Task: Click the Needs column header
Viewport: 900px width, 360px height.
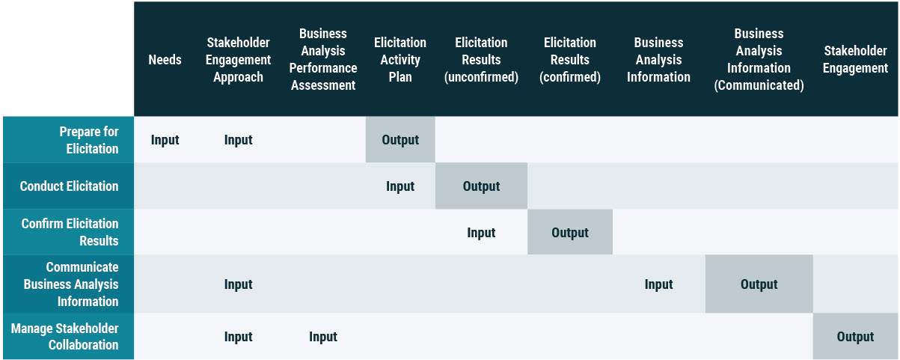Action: coord(165,60)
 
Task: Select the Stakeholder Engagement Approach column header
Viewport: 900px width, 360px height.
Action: coord(238,60)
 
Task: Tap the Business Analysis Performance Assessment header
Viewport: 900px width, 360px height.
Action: coord(323,60)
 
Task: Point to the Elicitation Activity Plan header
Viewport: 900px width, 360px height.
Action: coord(400,60)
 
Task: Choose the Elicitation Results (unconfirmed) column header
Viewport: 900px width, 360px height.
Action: coord(481,60)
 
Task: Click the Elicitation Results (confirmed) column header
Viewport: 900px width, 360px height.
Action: coord(570,60)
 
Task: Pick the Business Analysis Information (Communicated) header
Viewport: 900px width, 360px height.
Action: coord(759,60)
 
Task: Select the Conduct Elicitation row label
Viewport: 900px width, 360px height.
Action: coord(69,186)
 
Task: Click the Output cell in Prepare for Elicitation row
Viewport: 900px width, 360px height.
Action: coord(400,140)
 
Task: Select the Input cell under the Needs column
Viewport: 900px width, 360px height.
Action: coord(165,140)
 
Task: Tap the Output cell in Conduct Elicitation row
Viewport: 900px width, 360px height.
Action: coord(481,186)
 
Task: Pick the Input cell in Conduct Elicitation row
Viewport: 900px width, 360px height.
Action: coord(400,186)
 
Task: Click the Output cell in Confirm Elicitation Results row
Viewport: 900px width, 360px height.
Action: coord(570,233)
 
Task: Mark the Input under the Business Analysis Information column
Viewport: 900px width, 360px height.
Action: coord(658,284)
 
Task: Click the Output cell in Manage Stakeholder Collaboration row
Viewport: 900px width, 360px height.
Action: coord(855,337)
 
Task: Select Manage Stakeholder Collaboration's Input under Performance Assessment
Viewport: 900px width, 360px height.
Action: coord(323,337)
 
